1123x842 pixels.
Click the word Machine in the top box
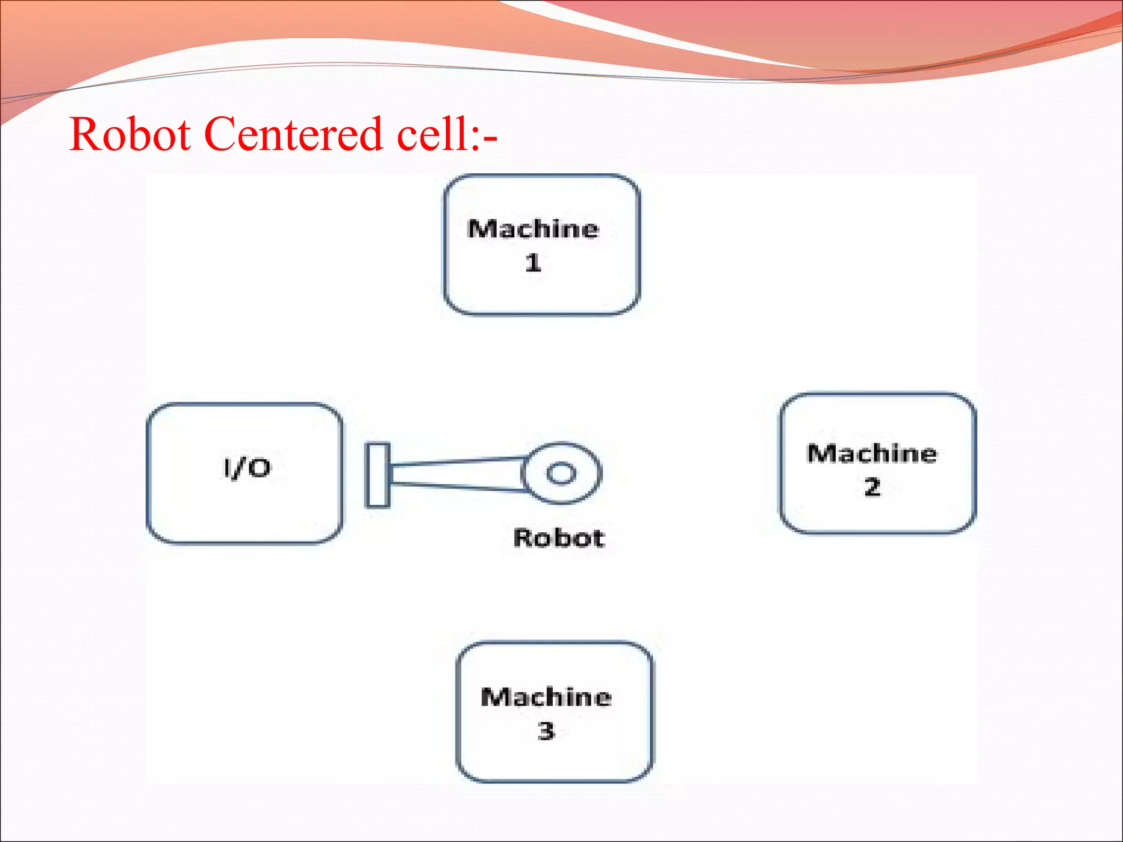(533, 229)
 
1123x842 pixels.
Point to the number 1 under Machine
(533, 263)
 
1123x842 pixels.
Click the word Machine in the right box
(872, 454)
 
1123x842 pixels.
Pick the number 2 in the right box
(872, 487)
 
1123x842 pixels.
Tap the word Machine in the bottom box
(546, 697)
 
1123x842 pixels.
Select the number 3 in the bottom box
(546, 731)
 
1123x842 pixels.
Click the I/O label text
(247, 468)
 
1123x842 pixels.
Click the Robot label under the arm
(559, 538)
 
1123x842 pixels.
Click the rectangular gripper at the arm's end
(378, 475)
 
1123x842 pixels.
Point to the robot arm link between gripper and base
(455, 474)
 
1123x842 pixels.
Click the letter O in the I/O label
(260, 469)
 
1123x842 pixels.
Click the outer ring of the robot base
(589, 473)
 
